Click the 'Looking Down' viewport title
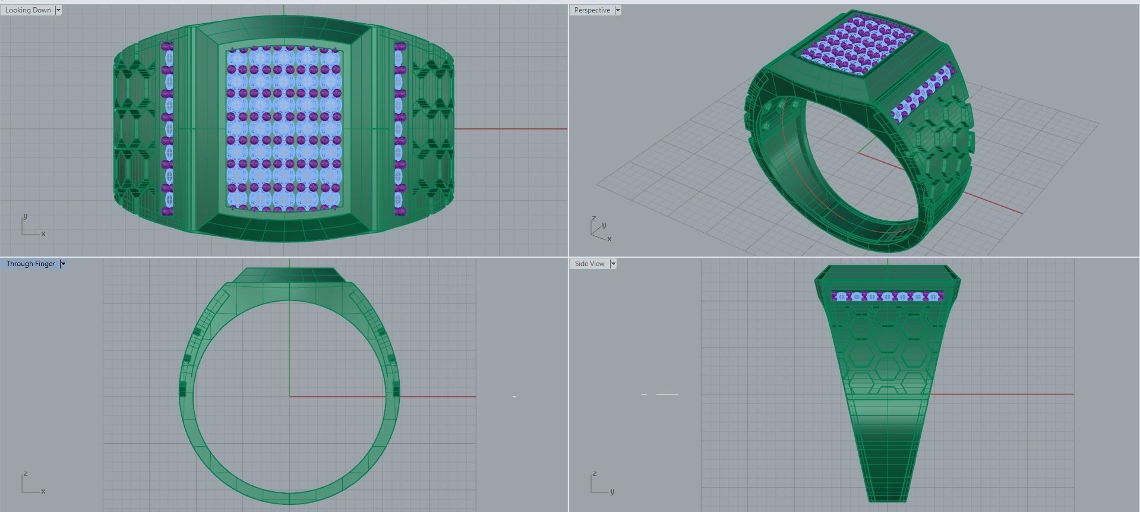coord(28,10)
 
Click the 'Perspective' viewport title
coord(592,10)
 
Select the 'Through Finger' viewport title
coord(30,264)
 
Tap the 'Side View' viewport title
coord(589,264)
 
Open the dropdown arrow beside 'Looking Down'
coord(58,10)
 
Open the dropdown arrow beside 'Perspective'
coord(618,10)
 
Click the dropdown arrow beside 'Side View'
coord(613,264)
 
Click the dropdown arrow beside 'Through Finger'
coord(63,264)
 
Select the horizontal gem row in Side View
coord(887,296)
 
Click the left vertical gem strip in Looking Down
coord(168,128)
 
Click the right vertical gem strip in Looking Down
coord(399,128)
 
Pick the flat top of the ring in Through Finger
coord(289,275)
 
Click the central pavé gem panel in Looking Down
coord(285,128)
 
